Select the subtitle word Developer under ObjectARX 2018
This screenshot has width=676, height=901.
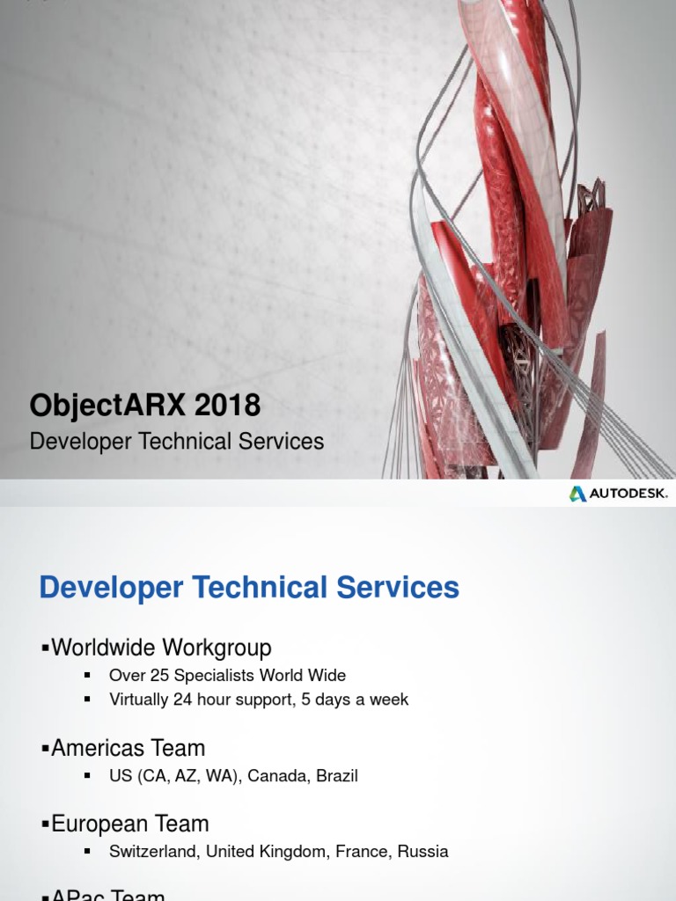point(77,442)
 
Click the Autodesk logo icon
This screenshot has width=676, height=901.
point(577,494)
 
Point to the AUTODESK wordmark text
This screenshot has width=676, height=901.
point(628,494)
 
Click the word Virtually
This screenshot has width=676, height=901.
point(140,700)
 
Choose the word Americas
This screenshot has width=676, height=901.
point(98,749)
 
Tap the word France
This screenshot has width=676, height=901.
point(362,852)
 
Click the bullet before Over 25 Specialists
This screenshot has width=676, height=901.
point(87,676)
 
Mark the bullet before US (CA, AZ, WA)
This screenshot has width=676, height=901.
point(87,776)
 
